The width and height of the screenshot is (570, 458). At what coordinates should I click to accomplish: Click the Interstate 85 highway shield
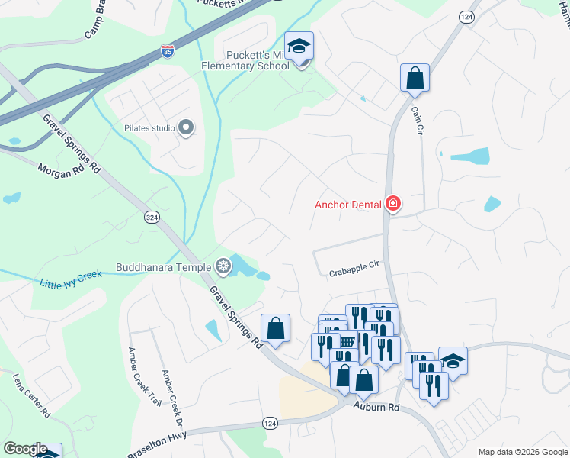click(167, 51)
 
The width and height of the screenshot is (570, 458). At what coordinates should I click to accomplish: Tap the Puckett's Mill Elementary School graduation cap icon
click(299, 46)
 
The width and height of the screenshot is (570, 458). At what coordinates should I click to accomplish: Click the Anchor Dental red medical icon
click(393, 204)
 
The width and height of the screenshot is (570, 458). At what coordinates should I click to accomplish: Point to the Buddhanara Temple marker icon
click(223, 266)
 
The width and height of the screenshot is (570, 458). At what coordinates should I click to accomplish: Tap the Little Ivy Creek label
click(71, 279)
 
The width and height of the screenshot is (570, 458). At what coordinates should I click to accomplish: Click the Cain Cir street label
click(417, 121)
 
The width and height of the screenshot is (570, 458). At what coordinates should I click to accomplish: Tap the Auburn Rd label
click(376, 408)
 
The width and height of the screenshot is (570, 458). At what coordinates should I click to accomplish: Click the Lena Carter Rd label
click(31, 395)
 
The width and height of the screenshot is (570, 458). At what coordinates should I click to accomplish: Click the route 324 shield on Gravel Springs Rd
click(152, 218)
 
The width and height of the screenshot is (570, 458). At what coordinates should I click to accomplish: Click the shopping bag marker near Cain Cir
click(415, 78)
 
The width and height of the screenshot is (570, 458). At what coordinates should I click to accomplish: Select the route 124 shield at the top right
click(467, 17)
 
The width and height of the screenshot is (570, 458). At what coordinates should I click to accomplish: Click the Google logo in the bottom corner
click(24, 449)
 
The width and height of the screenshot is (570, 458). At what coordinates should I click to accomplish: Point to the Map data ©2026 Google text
click(523, 452)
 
